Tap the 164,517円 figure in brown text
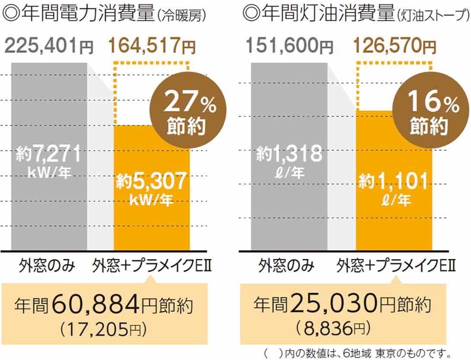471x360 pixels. (152, 46)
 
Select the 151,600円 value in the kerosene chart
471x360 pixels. (290, 46)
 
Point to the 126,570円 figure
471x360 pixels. (395, 46)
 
